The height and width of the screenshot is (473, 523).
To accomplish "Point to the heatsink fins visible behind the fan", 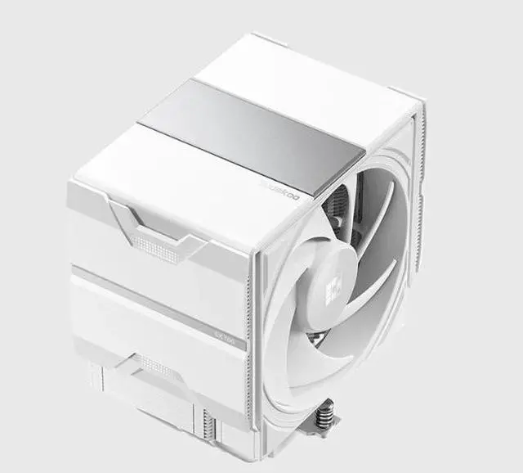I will pos(334,212).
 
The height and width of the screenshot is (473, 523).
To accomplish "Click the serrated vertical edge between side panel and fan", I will pos(256,327).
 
